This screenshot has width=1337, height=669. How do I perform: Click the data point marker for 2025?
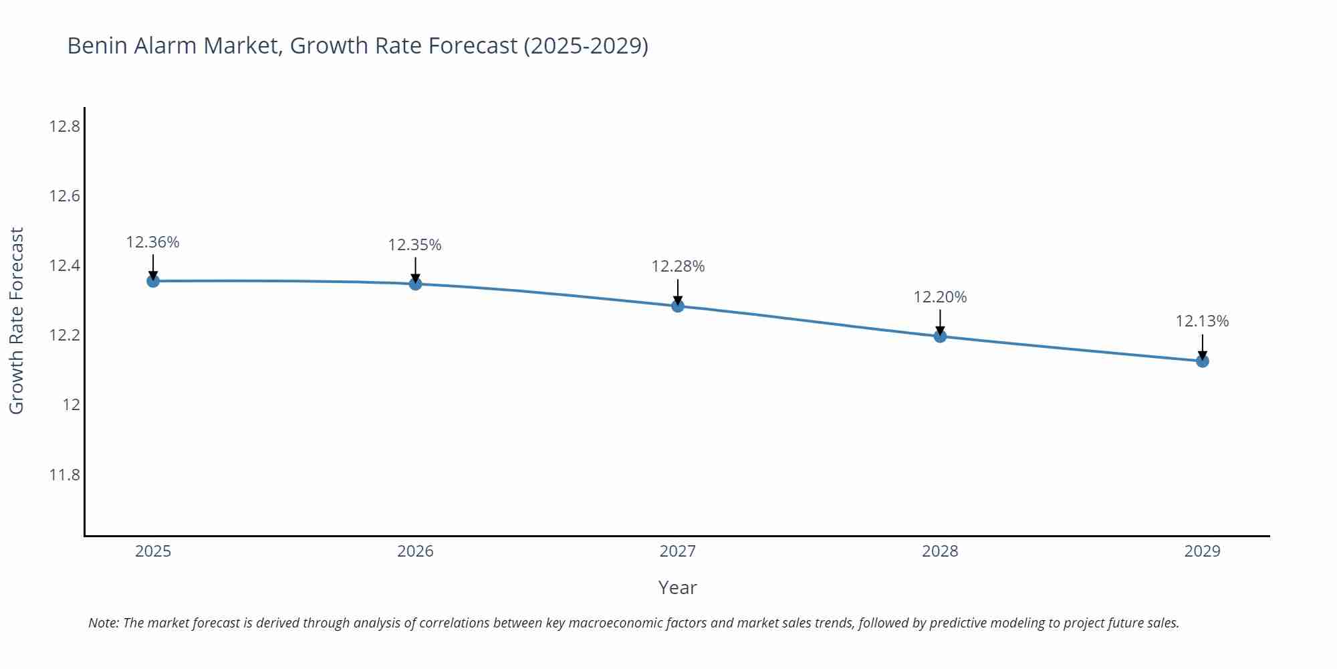[x=153, y=281]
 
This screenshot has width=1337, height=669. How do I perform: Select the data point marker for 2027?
[x=678, y=306]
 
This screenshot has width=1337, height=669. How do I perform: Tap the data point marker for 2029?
[x=1202, y=361]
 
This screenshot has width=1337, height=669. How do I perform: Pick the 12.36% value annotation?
[x=153, y=242]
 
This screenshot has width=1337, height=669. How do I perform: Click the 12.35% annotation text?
[x=415, y=245]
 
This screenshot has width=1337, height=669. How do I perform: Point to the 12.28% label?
[x=678, y=266]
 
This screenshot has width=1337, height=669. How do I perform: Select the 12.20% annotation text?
[x=940, y=297]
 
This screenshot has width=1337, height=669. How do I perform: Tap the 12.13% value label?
[x=1202, y=321]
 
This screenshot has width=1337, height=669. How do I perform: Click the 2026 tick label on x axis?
[x=415, y=551]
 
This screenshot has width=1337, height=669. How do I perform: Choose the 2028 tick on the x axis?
[x=940, y=551]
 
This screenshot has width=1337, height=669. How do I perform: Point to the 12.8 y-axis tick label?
[x=64, y=126]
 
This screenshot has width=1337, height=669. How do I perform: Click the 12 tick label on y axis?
[x=72, y=405]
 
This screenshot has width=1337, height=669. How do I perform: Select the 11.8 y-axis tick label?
[x=64, y=475]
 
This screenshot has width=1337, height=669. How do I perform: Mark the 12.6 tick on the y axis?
[x=64, y=196]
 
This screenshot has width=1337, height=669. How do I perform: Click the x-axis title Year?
[x=677, y=587]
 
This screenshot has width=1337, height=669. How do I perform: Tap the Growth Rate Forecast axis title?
[x=17, y=320]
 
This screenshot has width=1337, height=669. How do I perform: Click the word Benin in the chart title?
[x=98, y=45]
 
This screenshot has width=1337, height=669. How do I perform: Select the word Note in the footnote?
[x=103, y=623]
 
